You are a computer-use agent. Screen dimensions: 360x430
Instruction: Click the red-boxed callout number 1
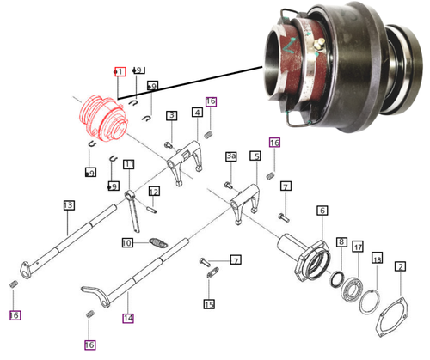[x=120, y=71]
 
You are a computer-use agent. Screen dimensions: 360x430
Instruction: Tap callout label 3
[x=172, y=115]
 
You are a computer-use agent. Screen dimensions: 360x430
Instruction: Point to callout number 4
[x=197, y=113]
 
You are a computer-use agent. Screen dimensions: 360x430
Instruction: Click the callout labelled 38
[x=230, y=156]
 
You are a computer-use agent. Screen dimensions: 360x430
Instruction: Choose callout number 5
[x=255, y=156]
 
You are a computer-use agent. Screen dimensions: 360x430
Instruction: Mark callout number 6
[x=322, y=211]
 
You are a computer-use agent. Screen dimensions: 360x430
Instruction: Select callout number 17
[x=358, y=247]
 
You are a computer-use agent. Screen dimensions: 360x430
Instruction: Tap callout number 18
[x=376, y=258]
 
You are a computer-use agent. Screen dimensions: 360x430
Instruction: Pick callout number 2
[x=400, y=267]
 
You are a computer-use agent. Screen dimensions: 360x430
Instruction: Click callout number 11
[x=129, y=164]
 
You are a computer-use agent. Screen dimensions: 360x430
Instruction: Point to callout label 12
[x=154, y=191]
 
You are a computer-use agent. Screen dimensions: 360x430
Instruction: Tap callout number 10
[x=126, y=243]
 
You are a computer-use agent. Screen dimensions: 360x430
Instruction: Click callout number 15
[x=209, y=303]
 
